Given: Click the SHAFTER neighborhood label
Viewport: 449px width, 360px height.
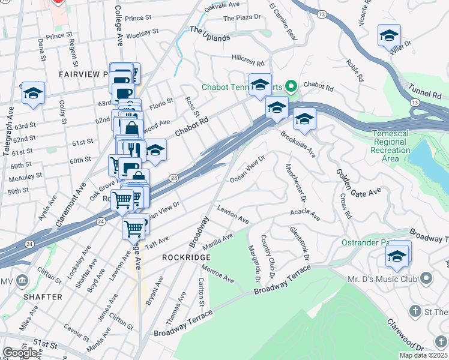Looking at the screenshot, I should click(43, 297).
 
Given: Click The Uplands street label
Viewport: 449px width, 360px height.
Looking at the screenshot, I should click(210, 33).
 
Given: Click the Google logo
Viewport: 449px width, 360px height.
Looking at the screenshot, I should click(20, 353).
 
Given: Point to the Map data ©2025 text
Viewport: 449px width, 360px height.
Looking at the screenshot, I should click(423, 355).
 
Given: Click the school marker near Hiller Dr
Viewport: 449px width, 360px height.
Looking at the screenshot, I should click(389, 36).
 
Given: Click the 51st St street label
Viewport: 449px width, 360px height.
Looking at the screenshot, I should click(45, 343).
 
